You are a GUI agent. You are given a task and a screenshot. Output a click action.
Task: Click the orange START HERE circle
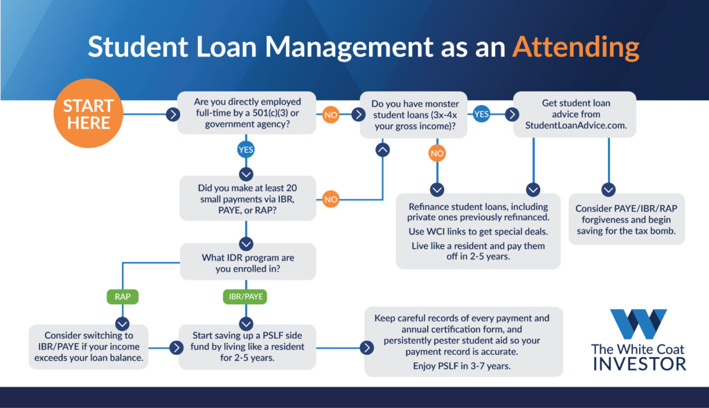tap(87, 114)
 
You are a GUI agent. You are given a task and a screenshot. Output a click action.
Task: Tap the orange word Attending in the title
tap(575, 47)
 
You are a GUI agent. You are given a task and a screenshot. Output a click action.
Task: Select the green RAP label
tap(123, 297)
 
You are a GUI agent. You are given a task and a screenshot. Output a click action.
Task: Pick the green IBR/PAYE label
tap(246, 297)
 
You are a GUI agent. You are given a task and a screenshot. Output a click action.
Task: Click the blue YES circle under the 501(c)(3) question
tap(246, 148)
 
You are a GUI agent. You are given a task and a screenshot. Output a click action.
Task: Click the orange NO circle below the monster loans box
tap(437, 152)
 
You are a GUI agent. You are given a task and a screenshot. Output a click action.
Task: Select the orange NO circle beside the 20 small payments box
tap(331, 199)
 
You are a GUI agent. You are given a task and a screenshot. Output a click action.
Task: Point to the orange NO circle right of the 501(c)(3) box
tap(331, 114)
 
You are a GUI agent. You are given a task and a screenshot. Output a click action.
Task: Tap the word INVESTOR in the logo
tap(638, 363)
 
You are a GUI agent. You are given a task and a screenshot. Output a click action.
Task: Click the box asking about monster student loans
tap(414, 114)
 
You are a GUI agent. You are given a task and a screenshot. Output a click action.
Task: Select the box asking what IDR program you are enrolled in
tap(247, 263)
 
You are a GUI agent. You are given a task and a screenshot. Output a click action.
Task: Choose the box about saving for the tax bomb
tap(627, 219)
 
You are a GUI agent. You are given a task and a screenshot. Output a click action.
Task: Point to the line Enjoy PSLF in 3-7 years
tap(463, 366)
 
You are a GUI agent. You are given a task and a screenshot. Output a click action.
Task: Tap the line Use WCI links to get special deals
tap(478, 230)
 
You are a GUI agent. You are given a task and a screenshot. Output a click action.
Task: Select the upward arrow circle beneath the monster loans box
tap(382, 149)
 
